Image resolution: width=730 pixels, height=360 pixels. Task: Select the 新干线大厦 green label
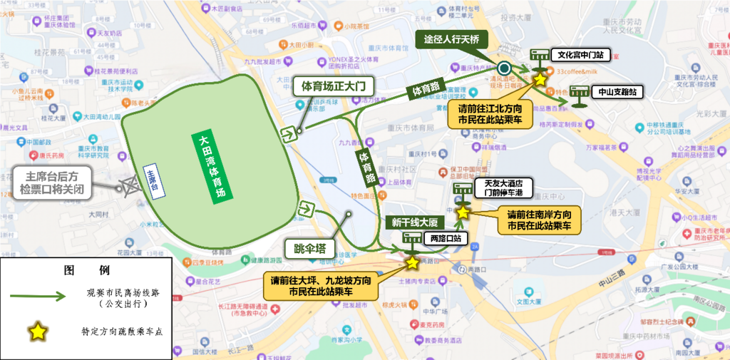[413, 223]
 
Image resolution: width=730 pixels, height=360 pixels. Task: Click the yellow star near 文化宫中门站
[540, 79]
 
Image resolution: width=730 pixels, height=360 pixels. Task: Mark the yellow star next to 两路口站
[412, 263]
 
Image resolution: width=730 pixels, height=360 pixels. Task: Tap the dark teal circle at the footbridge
[505, 68]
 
